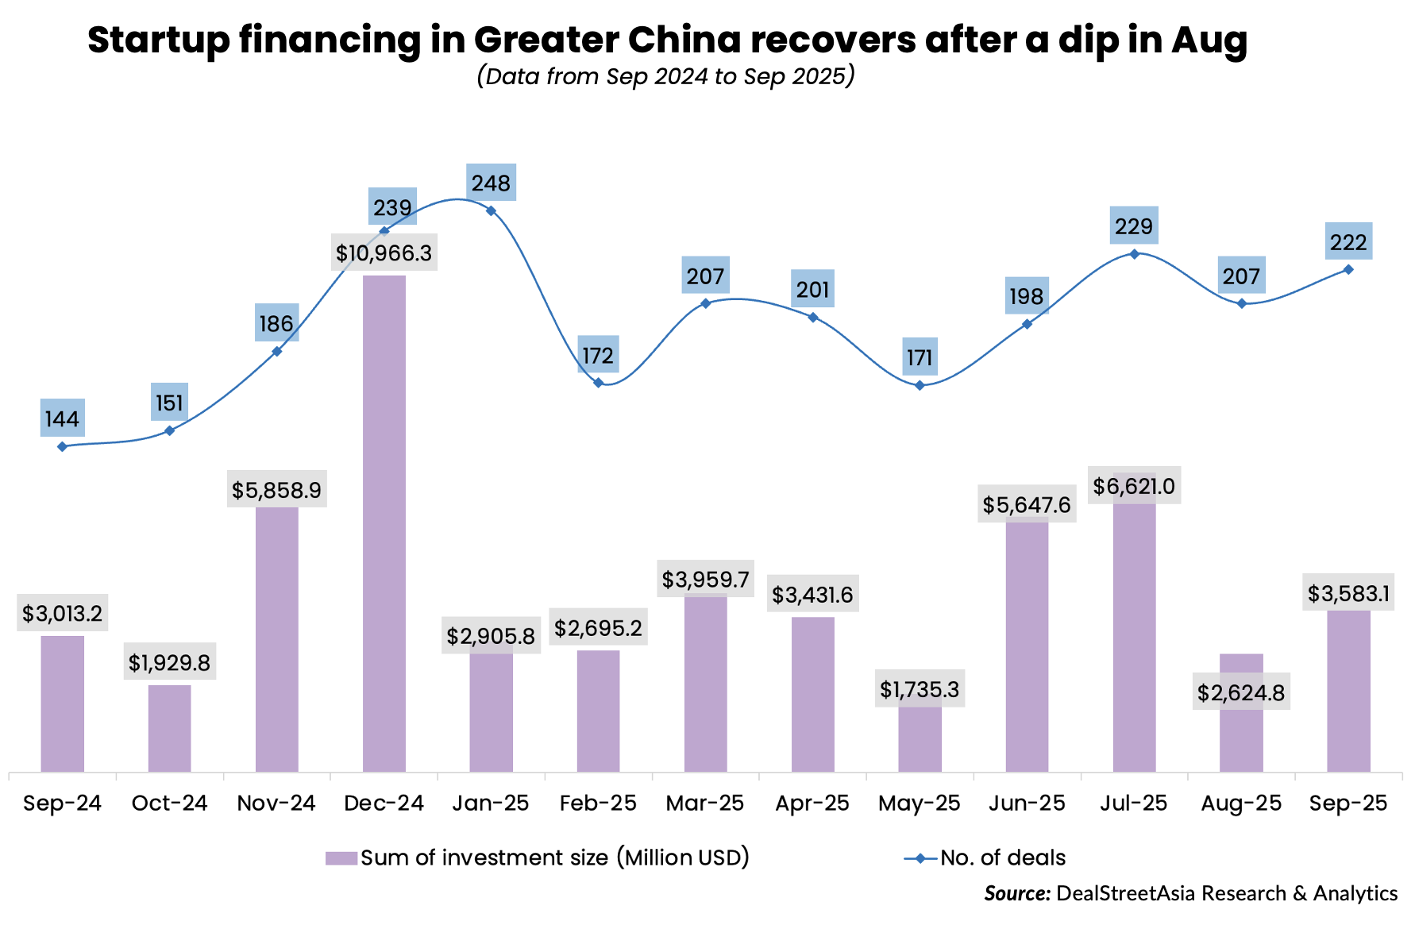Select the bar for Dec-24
point(384,524)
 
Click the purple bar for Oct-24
point(170,728)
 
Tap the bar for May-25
point(920,738)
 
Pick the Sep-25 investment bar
point(1348,691)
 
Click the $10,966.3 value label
point(384,253)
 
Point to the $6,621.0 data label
point(1134,486)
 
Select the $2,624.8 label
point(1241,693)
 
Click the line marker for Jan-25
point(491,210)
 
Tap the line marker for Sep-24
point(63,446)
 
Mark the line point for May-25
point(920,385)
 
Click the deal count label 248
point(491,183)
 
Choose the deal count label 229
point(1134,226)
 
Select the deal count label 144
point(63,418)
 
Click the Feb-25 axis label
point(598,803)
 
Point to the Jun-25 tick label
point(1027,803)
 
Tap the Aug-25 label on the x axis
point(1241,803)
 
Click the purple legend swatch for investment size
point(341,858)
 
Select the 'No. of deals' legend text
point(1003,858)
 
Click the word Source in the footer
point(1017,893)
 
